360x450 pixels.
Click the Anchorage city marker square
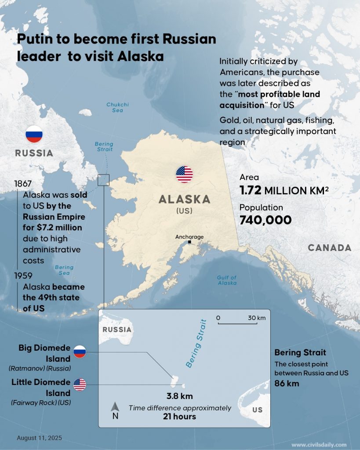pos(189,242)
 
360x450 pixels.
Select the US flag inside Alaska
pos(184,174)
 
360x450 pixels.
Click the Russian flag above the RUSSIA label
pos(34,134)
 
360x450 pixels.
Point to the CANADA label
pos(329,248)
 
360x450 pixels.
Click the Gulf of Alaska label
pos(227,280)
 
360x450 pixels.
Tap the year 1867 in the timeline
pos(22,184)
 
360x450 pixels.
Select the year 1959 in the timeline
pos(22,276)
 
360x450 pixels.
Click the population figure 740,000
pos(265,220)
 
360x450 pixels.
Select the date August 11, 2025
pos(39,438)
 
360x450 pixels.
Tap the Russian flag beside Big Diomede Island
pos(80,351)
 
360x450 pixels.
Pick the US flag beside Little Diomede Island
pos(80,385)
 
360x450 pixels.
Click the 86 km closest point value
pos(287,383)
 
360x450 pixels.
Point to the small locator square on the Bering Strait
pos(103,180)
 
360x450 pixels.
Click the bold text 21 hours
pos(180,416)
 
